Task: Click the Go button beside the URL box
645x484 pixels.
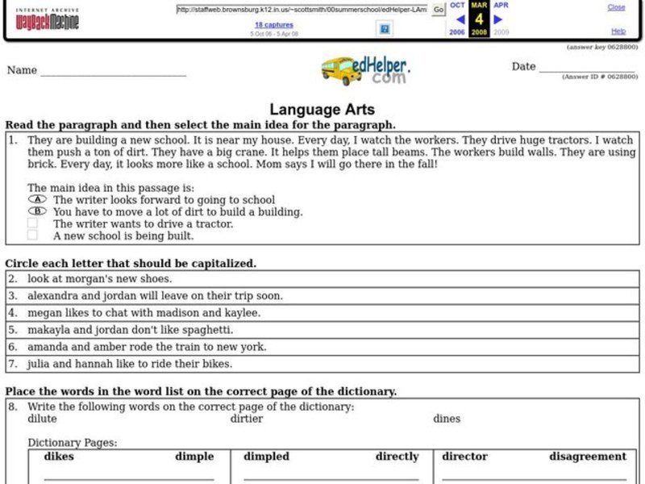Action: coord(439,10)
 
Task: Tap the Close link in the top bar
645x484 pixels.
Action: coord(616,7)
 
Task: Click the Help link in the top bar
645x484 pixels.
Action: coord(618,31)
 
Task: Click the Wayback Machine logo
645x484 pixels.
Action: coord(48,19)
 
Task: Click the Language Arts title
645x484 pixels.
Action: coord(322,110)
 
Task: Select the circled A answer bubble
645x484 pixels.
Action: coord(36,199)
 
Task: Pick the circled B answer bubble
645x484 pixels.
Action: coord(36,211)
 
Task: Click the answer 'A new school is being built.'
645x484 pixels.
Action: coord(123,236)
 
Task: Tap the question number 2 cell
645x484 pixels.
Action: coord(12,277)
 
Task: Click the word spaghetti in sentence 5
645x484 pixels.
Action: coord(205,329)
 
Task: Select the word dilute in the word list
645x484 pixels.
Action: coord(43,419)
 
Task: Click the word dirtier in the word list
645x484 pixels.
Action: coord(247,419)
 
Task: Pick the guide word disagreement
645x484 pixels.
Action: coord(588,457)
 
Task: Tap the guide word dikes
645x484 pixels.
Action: coord(59,457)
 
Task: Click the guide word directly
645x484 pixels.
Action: coord(397,457)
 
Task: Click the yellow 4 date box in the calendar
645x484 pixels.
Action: coord(479,19)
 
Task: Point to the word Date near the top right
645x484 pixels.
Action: coord(523,67)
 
